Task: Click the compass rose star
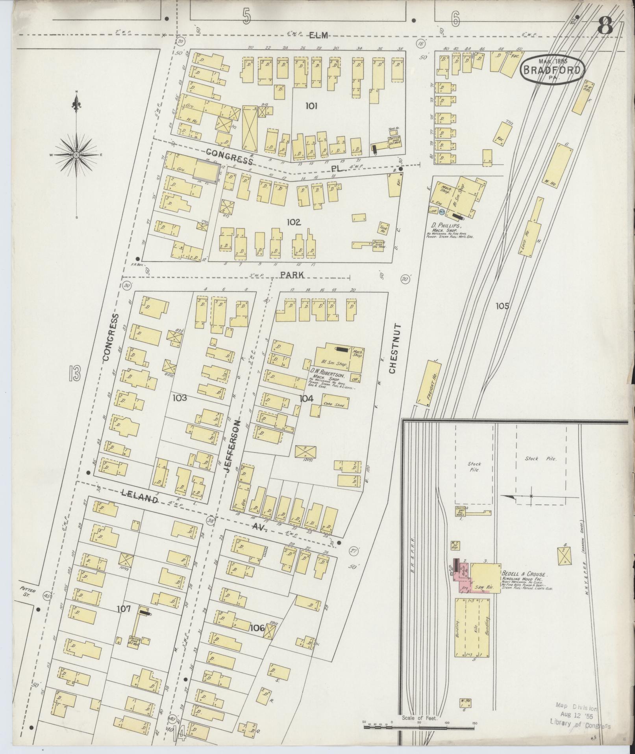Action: (x=76, y=155)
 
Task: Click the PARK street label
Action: (x=292, y=275)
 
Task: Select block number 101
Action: (x=311, y=106)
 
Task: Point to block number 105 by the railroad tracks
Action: (x=502, y=306)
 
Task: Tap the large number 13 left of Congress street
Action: (x=74, y=373)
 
